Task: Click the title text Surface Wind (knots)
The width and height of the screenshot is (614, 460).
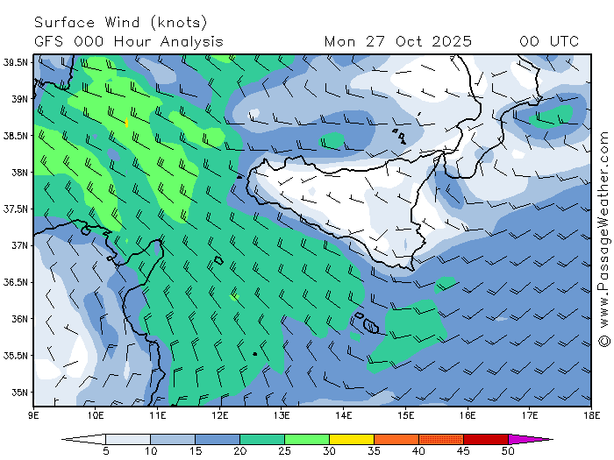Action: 121,22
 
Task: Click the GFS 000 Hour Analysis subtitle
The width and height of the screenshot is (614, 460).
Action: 129,41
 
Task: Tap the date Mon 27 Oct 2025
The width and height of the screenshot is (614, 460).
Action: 397,41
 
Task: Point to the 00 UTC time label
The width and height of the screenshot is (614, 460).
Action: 549,41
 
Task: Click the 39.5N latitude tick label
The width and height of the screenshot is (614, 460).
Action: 15,62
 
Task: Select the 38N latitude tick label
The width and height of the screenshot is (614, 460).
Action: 17,173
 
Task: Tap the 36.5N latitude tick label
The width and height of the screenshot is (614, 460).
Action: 15,282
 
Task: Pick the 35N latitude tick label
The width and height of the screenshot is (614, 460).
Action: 17,392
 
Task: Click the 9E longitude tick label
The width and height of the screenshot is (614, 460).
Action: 33,414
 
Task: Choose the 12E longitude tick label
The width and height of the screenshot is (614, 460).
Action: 219,414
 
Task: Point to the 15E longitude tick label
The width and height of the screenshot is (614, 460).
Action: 405,414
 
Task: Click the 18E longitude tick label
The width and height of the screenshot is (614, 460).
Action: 590,414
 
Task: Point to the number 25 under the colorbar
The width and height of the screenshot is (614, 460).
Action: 284,451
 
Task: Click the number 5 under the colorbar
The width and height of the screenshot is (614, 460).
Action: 105,451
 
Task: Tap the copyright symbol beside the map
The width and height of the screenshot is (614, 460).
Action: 603,341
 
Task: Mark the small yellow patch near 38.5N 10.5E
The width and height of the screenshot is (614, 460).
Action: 127,123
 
